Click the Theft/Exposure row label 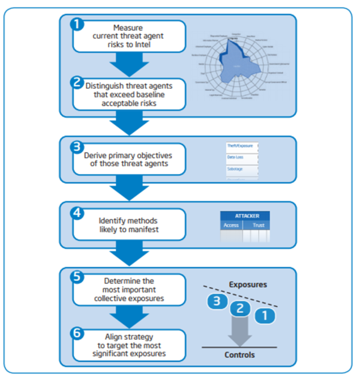pos(241,146)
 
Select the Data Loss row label pos(235,157)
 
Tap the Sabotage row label pos(235,169)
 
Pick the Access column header pos(231,225)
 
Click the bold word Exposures pos(247,284)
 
